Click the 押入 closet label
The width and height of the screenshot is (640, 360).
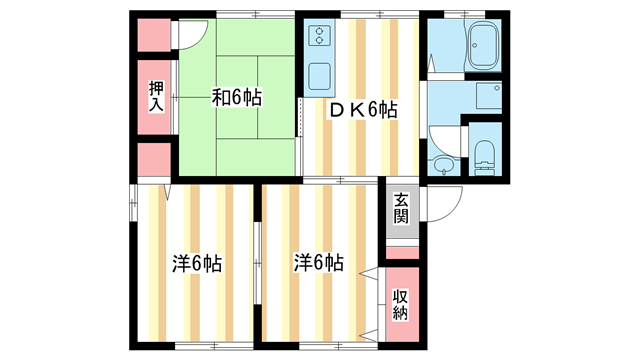click(x=156, y=97)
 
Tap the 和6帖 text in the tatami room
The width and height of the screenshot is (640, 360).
click(x=237, y=98)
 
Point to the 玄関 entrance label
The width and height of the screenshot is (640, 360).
click(x=401, y=208)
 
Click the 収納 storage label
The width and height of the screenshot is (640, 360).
click(x=401, y=304)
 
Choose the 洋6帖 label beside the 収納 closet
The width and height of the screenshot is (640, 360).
click(x=319, y=263)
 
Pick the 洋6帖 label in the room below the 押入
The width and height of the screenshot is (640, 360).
click(x=196, y=264)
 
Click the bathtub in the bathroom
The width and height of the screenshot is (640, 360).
click(x=484, y=46)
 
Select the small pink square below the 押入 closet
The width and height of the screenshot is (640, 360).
click(x=154, y=160)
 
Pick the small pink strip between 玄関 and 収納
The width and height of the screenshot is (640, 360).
click(x=401, y=252)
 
